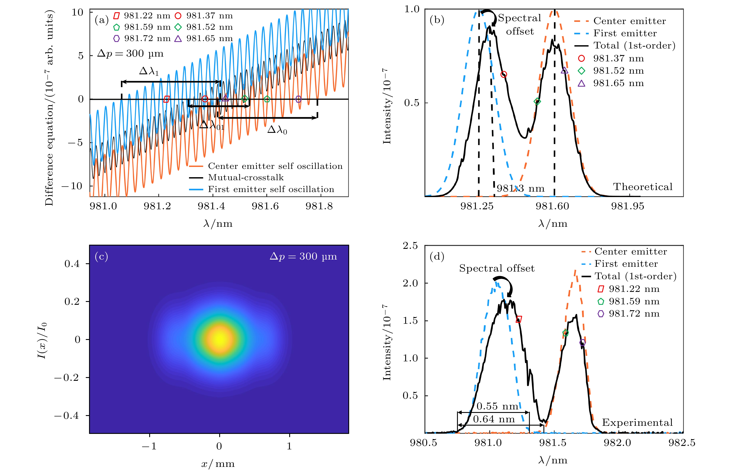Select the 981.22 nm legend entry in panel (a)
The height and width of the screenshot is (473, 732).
coord(142,16)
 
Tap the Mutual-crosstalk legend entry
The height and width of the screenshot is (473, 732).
coord(245,178)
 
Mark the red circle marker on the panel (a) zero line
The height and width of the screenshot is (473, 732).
coord(205,99)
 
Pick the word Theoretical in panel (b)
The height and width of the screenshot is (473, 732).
coord(643,187)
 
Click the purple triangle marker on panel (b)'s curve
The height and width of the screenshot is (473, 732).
coord(564,71)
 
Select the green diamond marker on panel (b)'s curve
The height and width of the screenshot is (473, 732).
coord(537,102)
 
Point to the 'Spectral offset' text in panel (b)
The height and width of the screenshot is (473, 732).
coord(520,24)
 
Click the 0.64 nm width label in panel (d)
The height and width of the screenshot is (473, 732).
coord(494,419)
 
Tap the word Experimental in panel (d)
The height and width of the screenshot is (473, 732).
coord(637,423)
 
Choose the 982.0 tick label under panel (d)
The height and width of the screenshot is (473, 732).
coord(617,443)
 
